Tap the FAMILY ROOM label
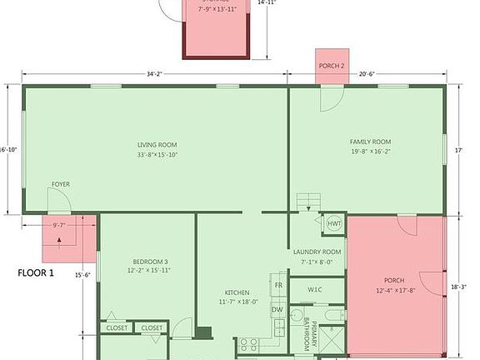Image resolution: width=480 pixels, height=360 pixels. coord(370,142)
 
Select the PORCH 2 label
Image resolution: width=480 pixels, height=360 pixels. coord(330,67)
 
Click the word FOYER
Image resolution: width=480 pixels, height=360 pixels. coord(61,183)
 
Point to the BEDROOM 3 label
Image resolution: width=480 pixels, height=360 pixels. coord(148,260)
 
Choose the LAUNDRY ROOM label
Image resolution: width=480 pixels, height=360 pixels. coord(317,252)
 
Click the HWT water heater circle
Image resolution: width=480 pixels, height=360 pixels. coord(334,224)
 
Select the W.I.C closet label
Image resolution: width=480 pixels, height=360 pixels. coord(315,290)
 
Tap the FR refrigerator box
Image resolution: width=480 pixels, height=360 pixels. coord(278,285)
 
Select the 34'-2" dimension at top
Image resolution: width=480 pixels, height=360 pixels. coord(154,74)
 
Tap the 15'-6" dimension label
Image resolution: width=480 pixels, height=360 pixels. coord(82,275)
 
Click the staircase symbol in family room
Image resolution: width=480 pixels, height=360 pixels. coord(309,202)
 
